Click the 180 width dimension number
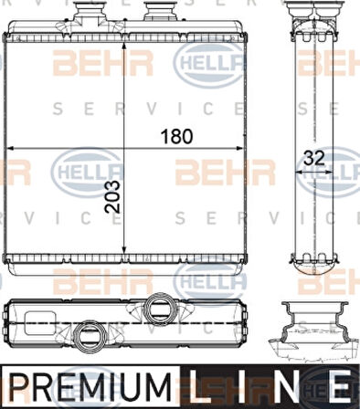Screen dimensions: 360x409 pyautogui.click(x=177, y=136)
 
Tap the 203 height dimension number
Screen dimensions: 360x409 pyautogui.click(x=112, y=197)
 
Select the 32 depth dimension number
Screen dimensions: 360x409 pyautogui.click(x=314, y=158)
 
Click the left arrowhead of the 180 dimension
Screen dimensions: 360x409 pyautogui.click(x=10, y=148)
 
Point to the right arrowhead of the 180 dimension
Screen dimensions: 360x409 pyautogui.click(x=239, y=148)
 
